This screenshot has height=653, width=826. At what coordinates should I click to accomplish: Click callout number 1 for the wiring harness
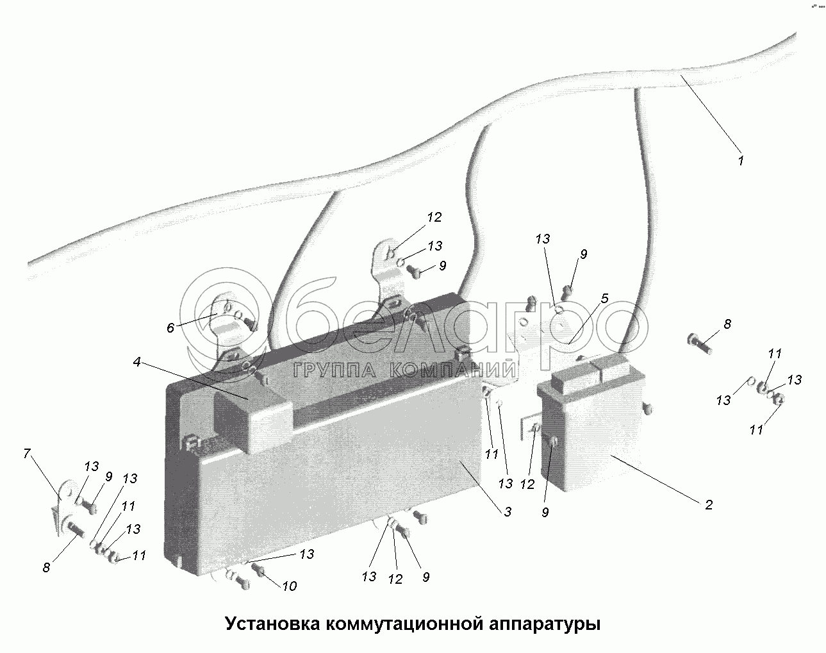[740, 160]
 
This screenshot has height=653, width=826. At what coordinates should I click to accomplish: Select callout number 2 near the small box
[708, 504]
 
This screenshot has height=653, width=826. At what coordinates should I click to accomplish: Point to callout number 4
[136, 361]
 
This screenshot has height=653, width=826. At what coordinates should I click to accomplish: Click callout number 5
[604, 299]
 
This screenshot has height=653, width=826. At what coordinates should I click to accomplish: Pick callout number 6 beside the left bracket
[170, 328]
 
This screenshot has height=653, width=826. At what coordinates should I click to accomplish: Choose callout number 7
[26, 454]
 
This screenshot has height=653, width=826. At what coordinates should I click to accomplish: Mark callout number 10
[289, 586]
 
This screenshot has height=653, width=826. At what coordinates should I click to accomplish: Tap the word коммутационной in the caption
[408, 624]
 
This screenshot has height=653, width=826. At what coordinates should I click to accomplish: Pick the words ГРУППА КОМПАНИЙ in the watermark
[405, 370]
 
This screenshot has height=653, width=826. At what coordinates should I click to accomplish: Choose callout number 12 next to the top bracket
[434, 217]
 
